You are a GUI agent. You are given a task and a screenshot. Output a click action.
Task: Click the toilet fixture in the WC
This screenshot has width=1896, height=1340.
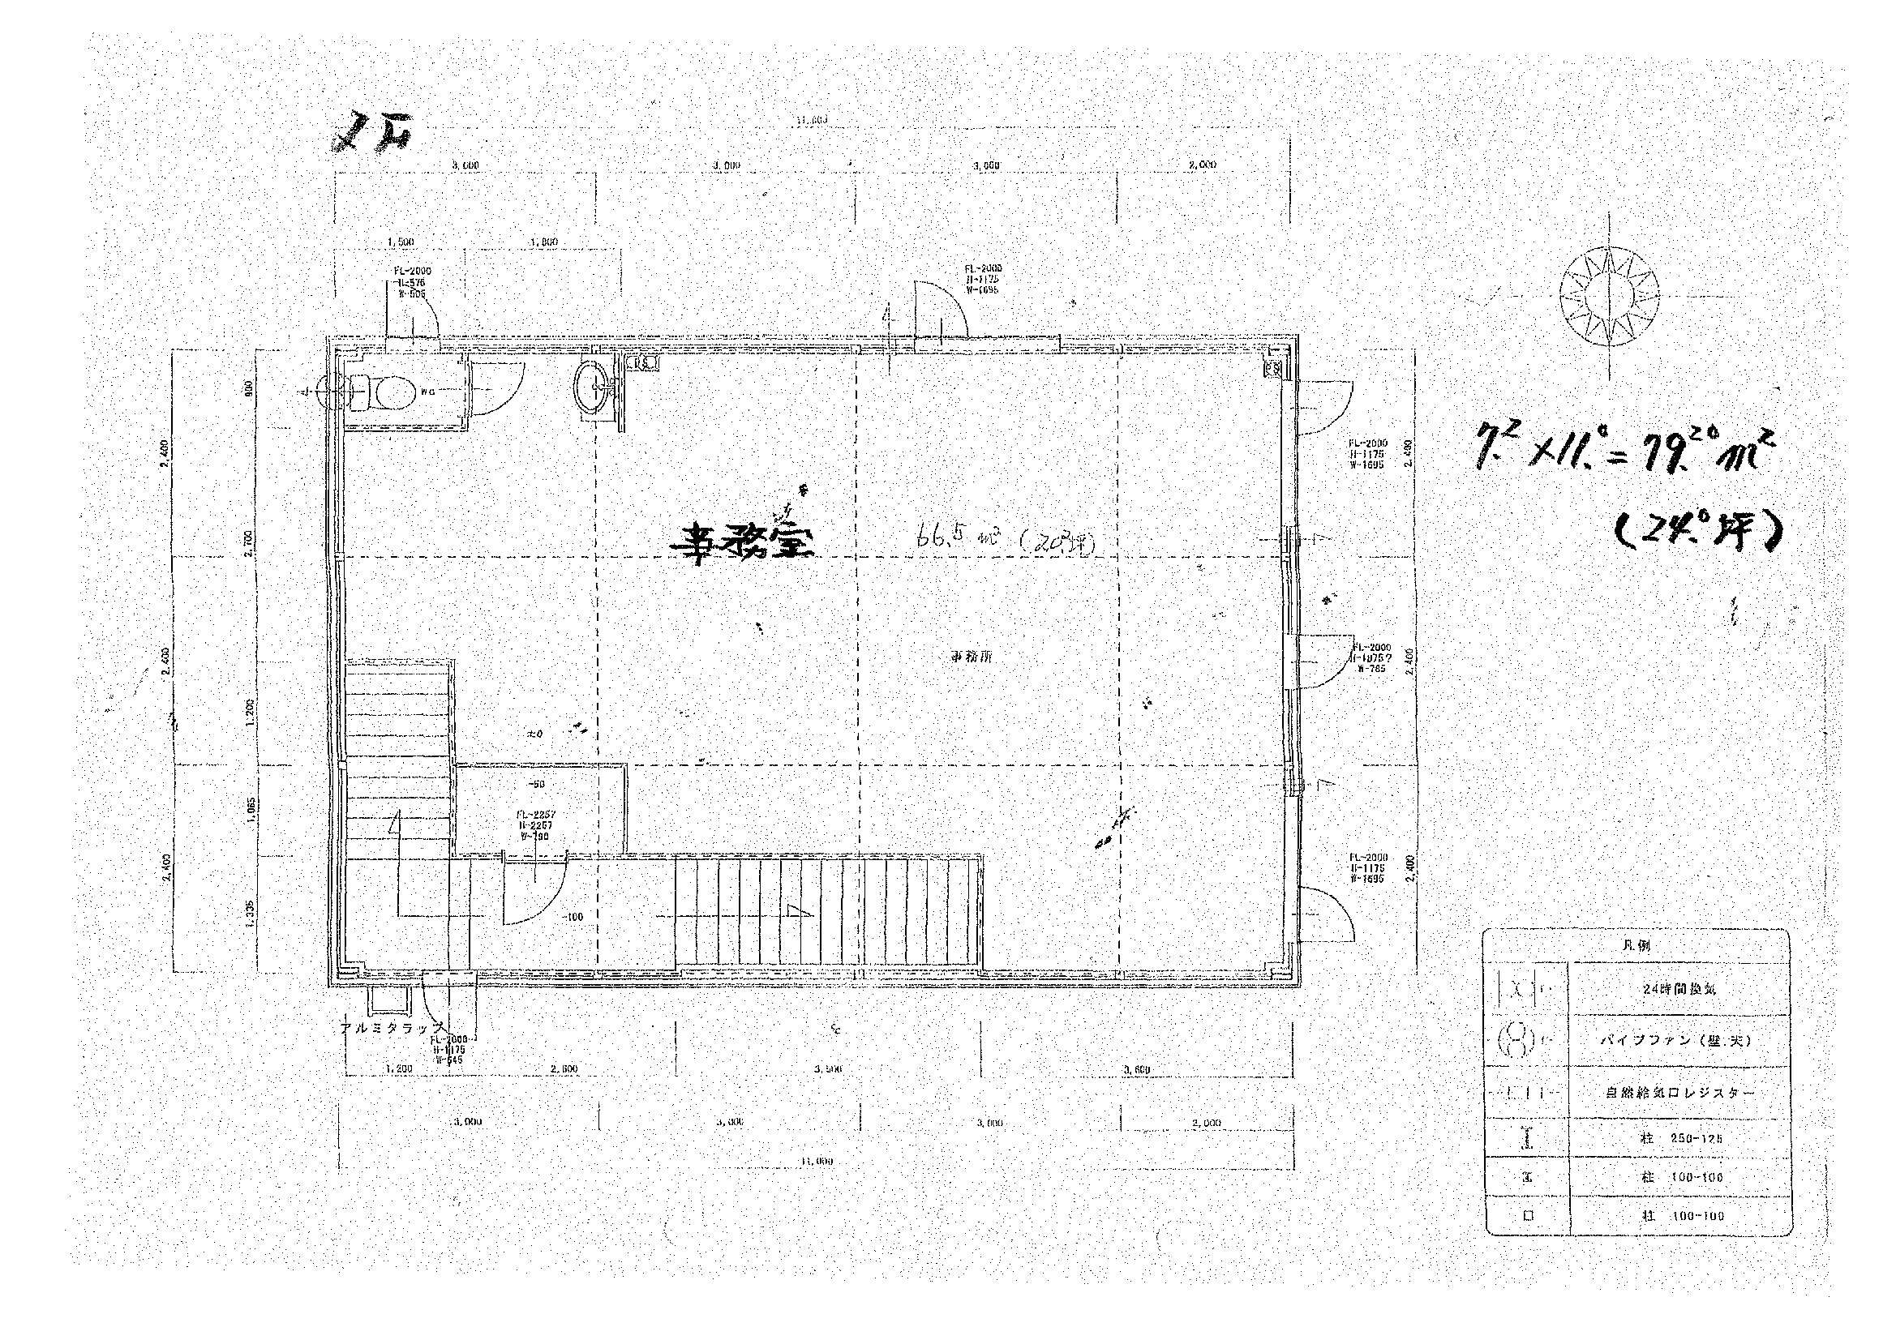tap(381, 392)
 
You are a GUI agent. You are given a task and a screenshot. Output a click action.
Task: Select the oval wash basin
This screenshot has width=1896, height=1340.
tap(593, 387)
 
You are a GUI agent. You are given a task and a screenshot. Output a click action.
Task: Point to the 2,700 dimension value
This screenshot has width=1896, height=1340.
tap(251, 542)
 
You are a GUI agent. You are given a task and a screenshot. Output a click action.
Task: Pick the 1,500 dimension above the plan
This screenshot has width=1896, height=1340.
tap(400, 242)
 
